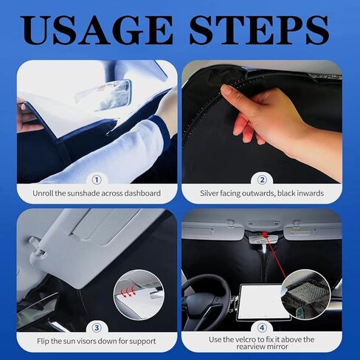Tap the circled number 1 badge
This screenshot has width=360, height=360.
tap(97, 179)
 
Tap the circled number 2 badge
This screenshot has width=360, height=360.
tap(262, 179)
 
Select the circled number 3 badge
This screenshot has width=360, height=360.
tap(97, 327)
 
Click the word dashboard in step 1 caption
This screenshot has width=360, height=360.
tap(141, 194)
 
